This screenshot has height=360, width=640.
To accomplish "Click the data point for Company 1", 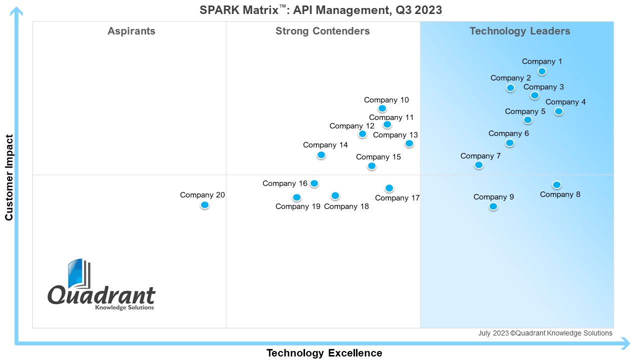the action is click(542, 71).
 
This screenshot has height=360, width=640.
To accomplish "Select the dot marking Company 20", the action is click(204, 205).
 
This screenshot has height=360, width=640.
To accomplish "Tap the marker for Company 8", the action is click(556, 185).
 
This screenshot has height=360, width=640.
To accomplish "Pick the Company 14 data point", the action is click(321, 155).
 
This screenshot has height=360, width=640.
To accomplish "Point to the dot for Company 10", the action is click(382, 108).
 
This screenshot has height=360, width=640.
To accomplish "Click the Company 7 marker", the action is click(479, 165).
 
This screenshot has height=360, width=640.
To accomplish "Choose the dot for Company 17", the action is click(389, 188).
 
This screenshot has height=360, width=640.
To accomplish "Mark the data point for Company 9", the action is click(493, 206).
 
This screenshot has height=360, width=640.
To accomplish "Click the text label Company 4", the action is click(565, 102).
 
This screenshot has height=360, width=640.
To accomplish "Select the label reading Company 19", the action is click(297, 206).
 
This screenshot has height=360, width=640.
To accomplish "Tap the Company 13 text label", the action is click(395, 135).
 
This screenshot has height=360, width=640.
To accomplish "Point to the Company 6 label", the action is click(508, 133).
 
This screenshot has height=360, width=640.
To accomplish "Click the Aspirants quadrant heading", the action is click(131, 31).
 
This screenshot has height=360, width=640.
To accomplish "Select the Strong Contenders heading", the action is click(322, 31).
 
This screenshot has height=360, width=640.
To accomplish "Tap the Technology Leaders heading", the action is click(520, 31).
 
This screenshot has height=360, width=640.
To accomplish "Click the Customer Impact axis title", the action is click(9, 177).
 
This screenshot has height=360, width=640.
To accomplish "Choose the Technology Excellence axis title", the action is click(324, 353).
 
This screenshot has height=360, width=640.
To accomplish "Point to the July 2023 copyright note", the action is click(545, 333).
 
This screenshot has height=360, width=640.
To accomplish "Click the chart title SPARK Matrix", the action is click(320, 10).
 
